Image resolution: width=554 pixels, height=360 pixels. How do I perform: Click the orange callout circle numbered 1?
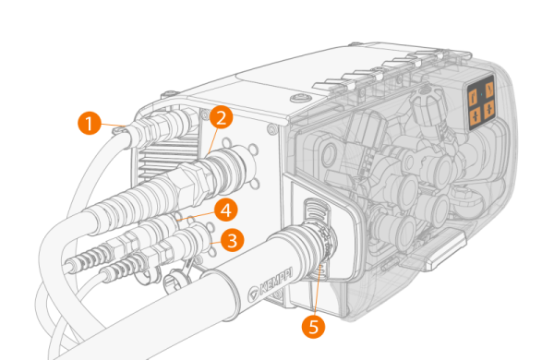click(89, 123)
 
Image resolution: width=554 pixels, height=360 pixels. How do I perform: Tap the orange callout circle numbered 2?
click(222, 117)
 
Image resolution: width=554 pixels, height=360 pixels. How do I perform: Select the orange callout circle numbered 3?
click(232, 241)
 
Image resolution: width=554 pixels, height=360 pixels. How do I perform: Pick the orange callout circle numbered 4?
click(226, 210)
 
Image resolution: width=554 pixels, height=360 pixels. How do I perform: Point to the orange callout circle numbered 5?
click(313, 327)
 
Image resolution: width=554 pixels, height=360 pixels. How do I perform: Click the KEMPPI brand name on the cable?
click(276, 283)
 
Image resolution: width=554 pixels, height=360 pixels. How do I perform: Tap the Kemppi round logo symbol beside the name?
click(253, 294)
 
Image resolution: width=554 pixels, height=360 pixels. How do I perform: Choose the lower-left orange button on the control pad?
click(476, 115)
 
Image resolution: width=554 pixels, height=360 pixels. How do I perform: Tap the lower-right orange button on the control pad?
click(489, 109)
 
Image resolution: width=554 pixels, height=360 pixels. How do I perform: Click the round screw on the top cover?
click(299, 97)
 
